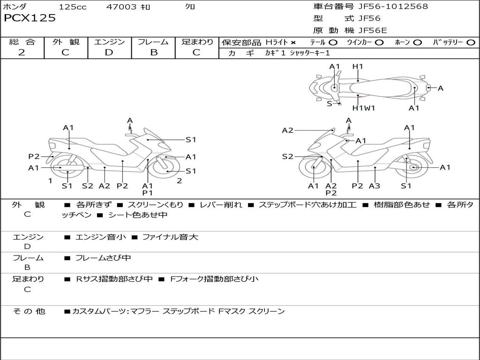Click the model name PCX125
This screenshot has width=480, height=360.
[30, 18]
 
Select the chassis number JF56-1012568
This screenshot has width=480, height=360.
[393, 7]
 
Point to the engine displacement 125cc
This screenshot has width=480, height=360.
[73, 7]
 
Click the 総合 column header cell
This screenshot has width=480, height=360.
[22, 42]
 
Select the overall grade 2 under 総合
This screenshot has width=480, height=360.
[22, 52]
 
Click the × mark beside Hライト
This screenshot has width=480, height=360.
[293, 42]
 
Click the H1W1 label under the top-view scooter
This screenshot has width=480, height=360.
[364, 108]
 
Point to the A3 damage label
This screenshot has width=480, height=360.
[374, 186]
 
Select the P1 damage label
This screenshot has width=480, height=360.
[148, 193]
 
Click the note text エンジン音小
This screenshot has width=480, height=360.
[100, 237]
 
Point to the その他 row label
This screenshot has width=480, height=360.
[29, 311]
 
